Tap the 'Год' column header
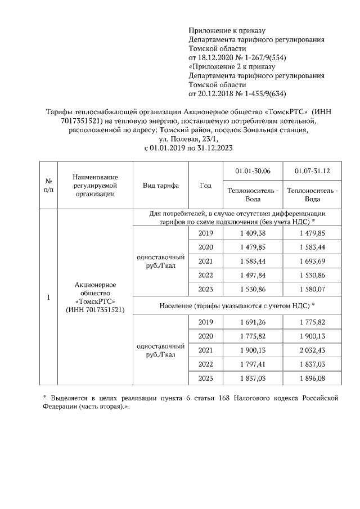[206, 186]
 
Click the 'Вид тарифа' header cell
[161, 186]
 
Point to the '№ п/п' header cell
[48, 186]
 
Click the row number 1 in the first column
[48, 298]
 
